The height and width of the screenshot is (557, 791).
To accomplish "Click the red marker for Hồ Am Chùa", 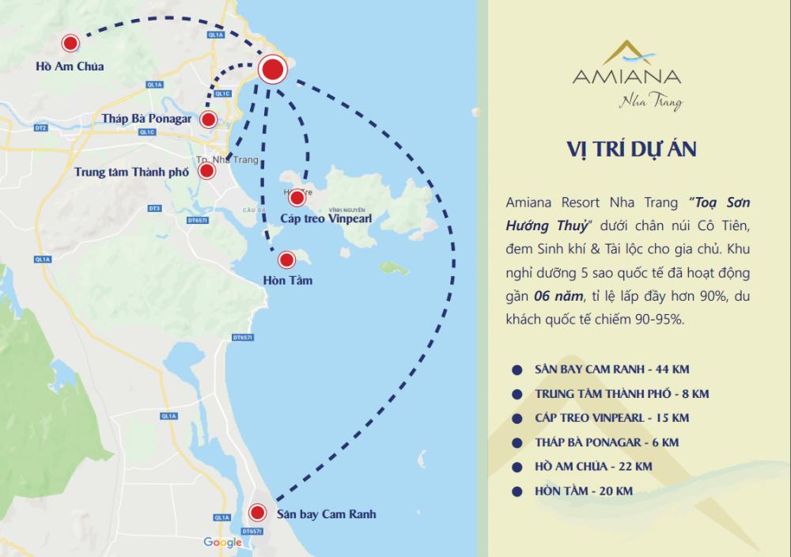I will point(70,44).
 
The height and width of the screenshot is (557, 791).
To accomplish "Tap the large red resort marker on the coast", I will point(272,70).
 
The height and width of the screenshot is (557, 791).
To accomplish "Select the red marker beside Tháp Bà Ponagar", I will point(208,119).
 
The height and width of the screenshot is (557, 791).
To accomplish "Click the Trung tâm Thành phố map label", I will point(132,171).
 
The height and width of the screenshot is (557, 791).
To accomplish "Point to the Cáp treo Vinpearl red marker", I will point(297,197).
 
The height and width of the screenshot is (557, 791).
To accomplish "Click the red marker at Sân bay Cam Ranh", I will point(257,513).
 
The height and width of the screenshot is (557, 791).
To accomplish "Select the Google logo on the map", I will point(222,542).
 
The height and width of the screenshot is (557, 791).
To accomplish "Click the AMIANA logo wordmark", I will point(626,78).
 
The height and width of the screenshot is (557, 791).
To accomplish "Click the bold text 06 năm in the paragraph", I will point(561,295).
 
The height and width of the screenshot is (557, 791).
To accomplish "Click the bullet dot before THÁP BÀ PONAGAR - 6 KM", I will point(517,443).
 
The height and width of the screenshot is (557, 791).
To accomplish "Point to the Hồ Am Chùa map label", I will point(70,66).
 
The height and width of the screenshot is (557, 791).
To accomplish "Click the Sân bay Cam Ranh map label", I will point(326,514).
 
